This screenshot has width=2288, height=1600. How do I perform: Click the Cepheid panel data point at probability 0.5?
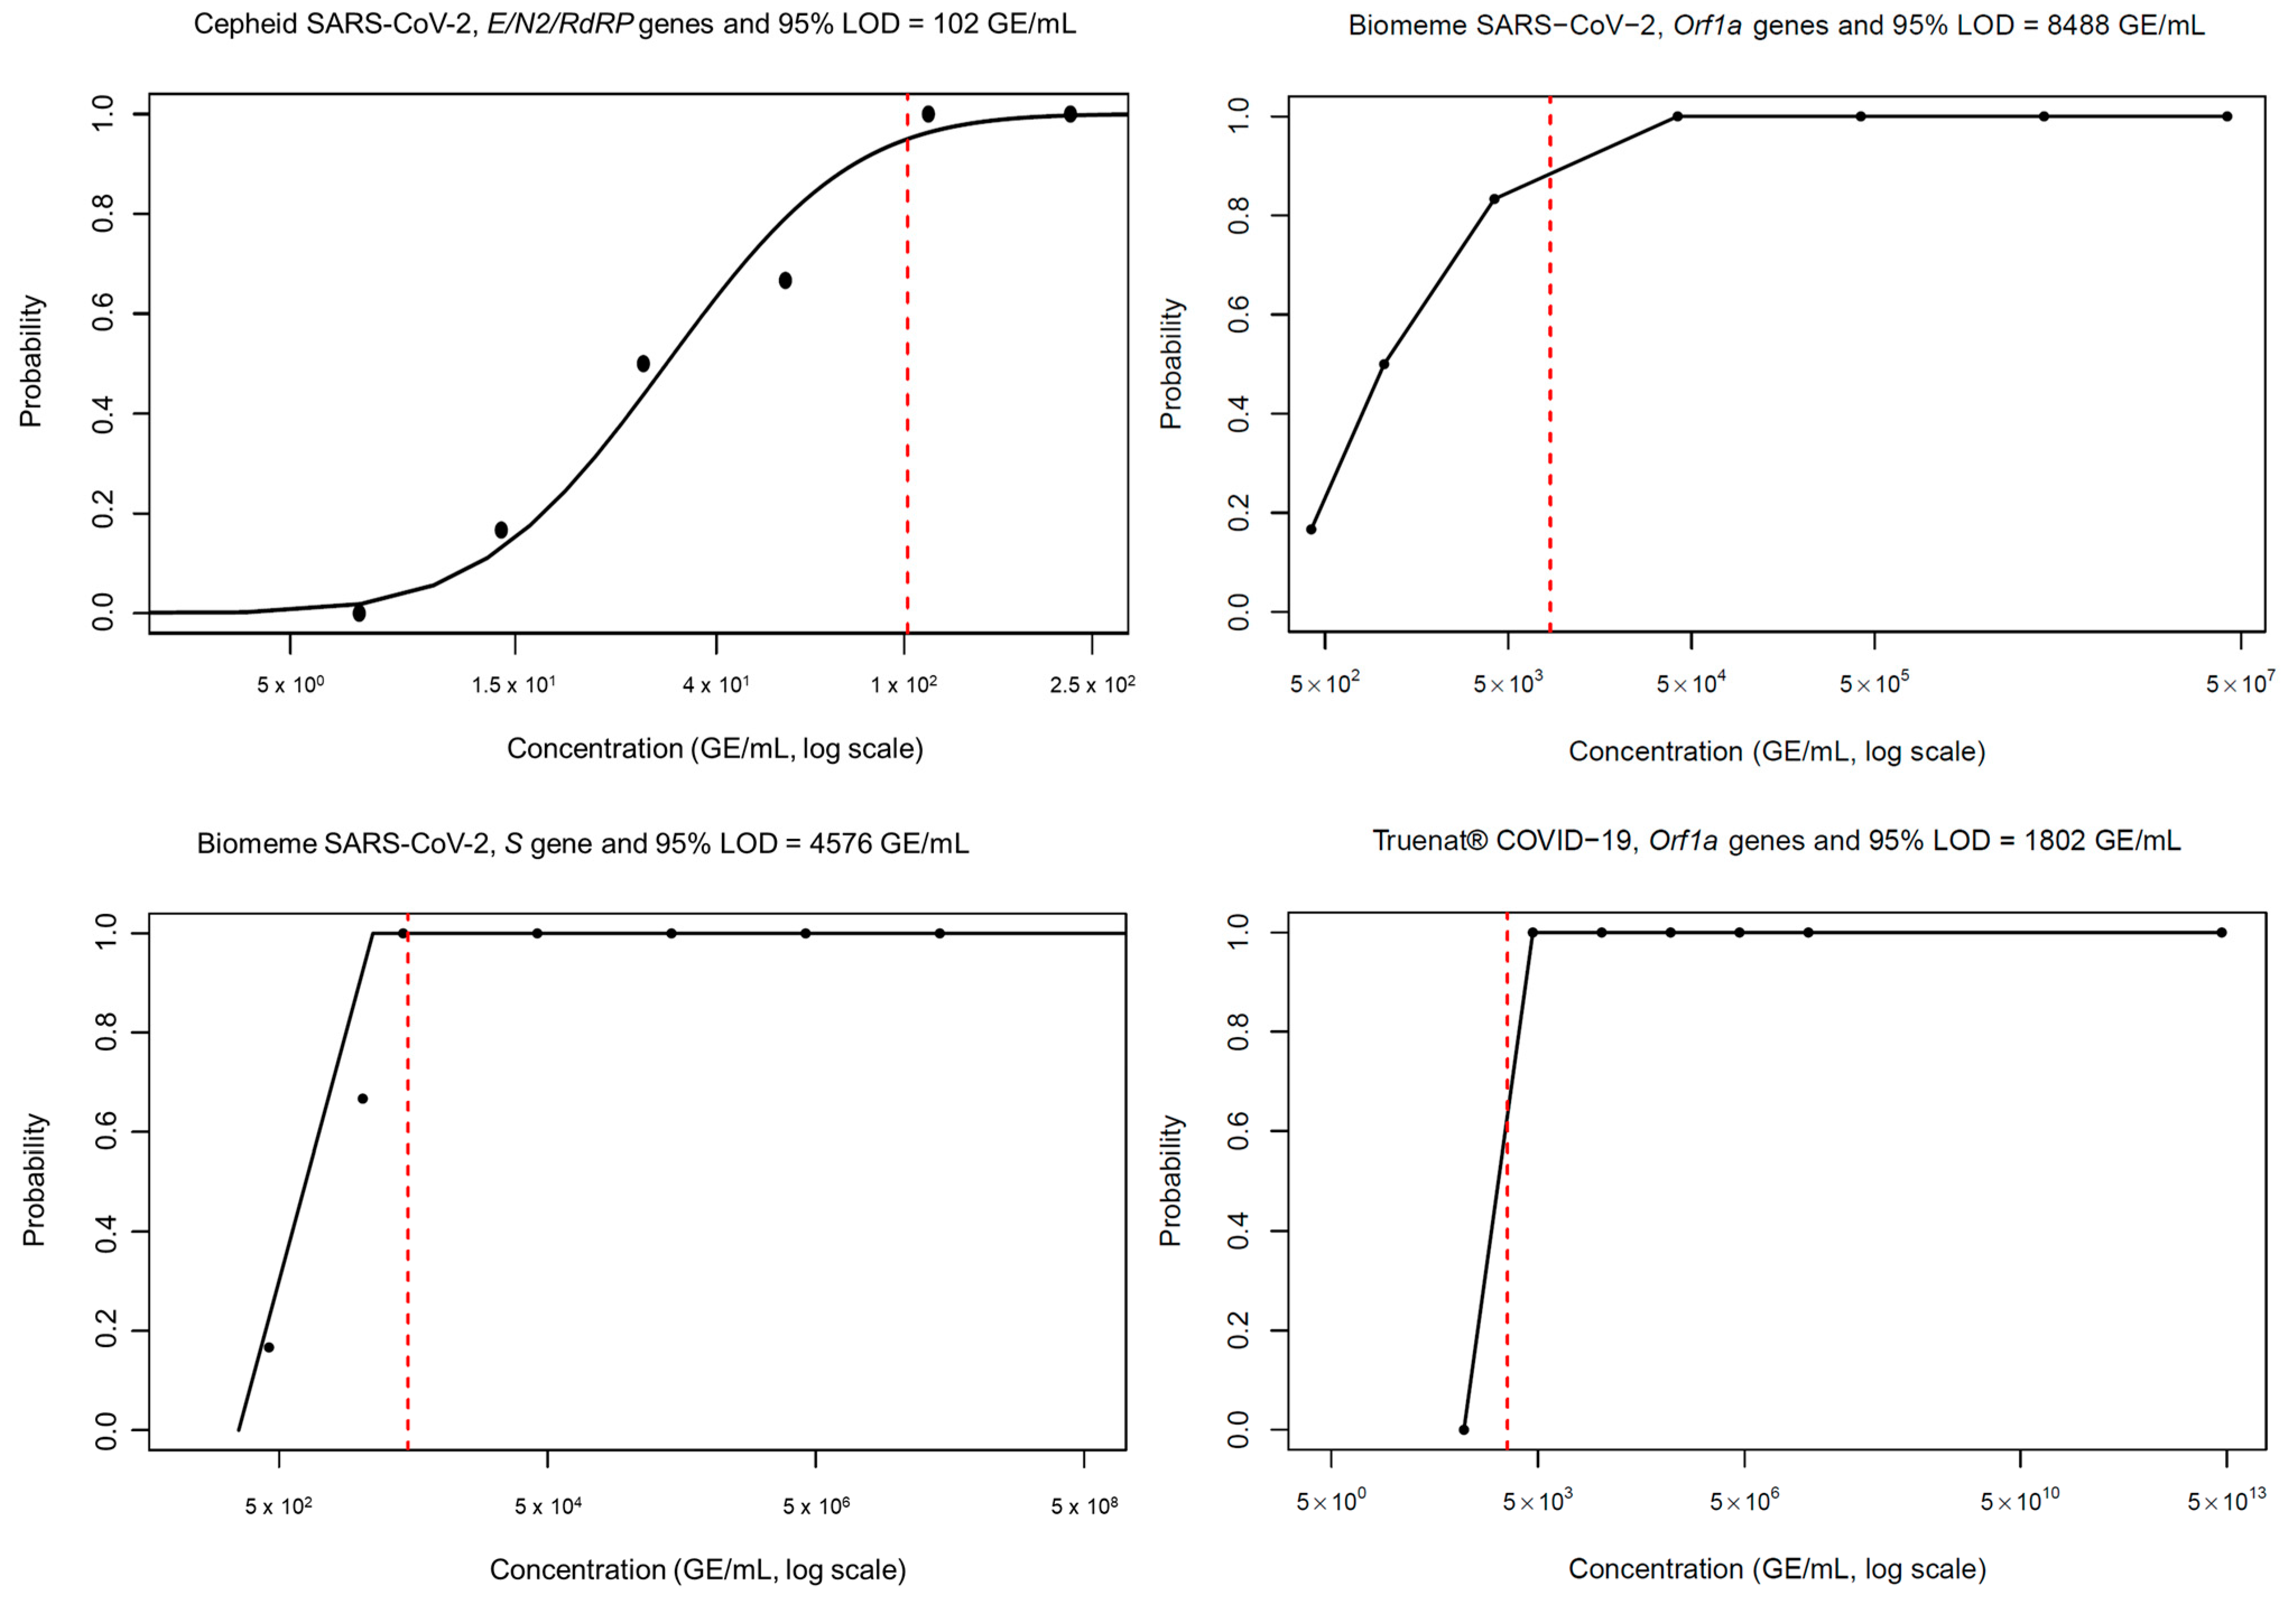tap(643, 364)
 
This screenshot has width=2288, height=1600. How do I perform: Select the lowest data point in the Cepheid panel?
tap(359, 613)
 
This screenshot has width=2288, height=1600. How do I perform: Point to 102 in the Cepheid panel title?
tap(955, 24)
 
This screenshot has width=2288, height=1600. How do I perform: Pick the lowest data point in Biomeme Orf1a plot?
tap(1312, 529)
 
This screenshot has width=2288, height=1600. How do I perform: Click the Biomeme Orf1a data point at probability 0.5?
tap(1384, 364)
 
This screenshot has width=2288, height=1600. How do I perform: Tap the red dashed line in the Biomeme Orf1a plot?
tap(1550, 398)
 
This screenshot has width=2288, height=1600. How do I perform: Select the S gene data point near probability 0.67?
tap(363, 1099)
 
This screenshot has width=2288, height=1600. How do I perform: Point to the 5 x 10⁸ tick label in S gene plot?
tap(1083, 1506)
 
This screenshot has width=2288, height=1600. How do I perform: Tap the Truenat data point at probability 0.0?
tap(1464, 1430)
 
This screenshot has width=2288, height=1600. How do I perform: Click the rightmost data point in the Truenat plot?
tap(2221, 933)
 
